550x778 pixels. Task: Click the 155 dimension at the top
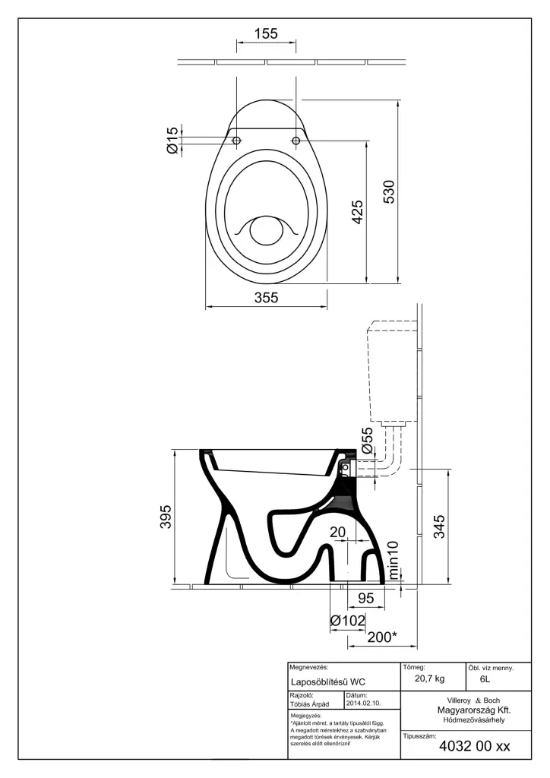coord(266,33)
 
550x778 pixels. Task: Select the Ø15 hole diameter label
coord(172,141)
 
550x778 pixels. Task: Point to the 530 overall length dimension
coord(388,194)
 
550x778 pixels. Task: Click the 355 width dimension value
coord(266,298)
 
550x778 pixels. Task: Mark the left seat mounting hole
coord(236,141)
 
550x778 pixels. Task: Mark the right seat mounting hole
coord(296,141)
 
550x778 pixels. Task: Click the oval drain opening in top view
coord(266,230)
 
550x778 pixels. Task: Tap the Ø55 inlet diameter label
coord(367,440)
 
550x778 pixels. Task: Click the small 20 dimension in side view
coord(338,532)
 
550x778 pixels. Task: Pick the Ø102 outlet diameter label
coord(349,621)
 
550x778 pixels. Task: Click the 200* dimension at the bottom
coord(382,637)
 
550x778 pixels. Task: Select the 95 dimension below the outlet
coord(365,599)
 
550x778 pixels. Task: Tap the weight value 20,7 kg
coord(430,678)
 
